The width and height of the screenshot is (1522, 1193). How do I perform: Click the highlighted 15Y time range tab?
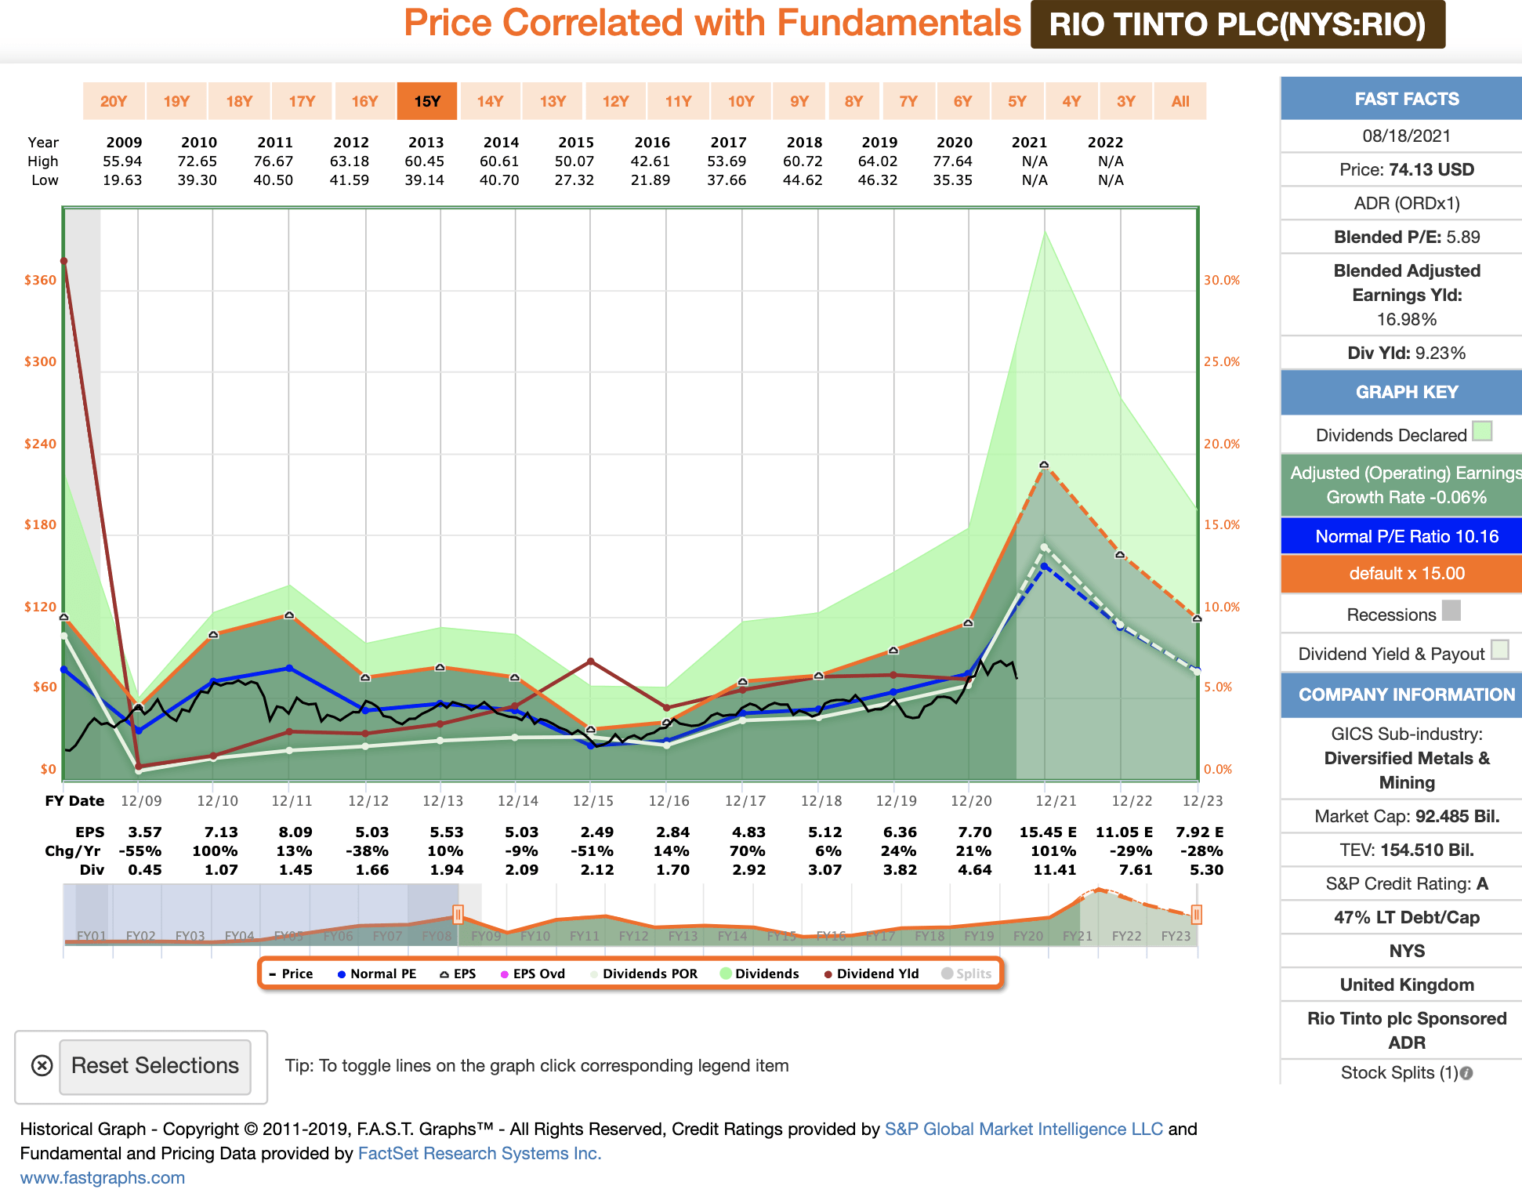(427, 101)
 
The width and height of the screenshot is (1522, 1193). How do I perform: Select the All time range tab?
(1180, 101)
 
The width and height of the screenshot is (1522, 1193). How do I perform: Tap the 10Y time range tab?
(741, 101)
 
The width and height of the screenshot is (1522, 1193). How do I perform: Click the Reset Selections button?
(155, 1066)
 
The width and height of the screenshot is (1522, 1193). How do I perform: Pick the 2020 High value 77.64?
(953, 161)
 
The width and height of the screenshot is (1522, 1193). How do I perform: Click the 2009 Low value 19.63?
(122, 180)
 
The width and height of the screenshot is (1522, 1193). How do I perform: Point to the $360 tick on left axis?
(40, 281)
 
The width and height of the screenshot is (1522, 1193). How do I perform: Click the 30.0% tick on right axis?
(1221, 281)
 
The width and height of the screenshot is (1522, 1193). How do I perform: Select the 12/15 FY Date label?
(592, 801)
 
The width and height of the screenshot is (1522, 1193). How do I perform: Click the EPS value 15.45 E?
(1047, 832)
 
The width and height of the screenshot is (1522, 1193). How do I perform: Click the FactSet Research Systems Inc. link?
(479, 1154)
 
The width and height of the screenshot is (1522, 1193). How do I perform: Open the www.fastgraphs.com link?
(103, 1178)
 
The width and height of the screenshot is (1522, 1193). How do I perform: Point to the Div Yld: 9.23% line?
(1406, 354)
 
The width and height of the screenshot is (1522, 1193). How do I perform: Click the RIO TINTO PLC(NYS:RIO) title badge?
(1237, 24)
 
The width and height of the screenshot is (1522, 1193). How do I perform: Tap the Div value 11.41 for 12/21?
(1054, 870)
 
